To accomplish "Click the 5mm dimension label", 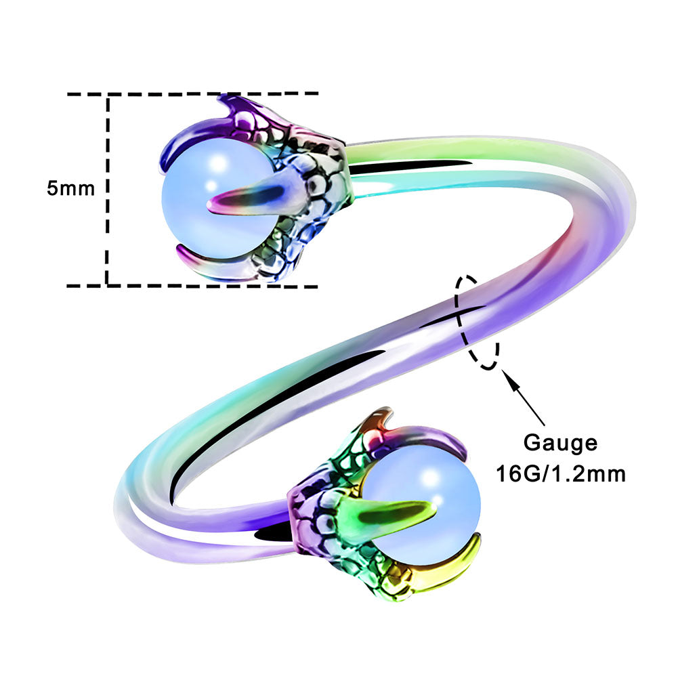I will [x=70, y=188].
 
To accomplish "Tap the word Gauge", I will [x=560, y=443].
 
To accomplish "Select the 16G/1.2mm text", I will [x=561, y=473].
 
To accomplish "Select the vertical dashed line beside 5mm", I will [x=107, y=190].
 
